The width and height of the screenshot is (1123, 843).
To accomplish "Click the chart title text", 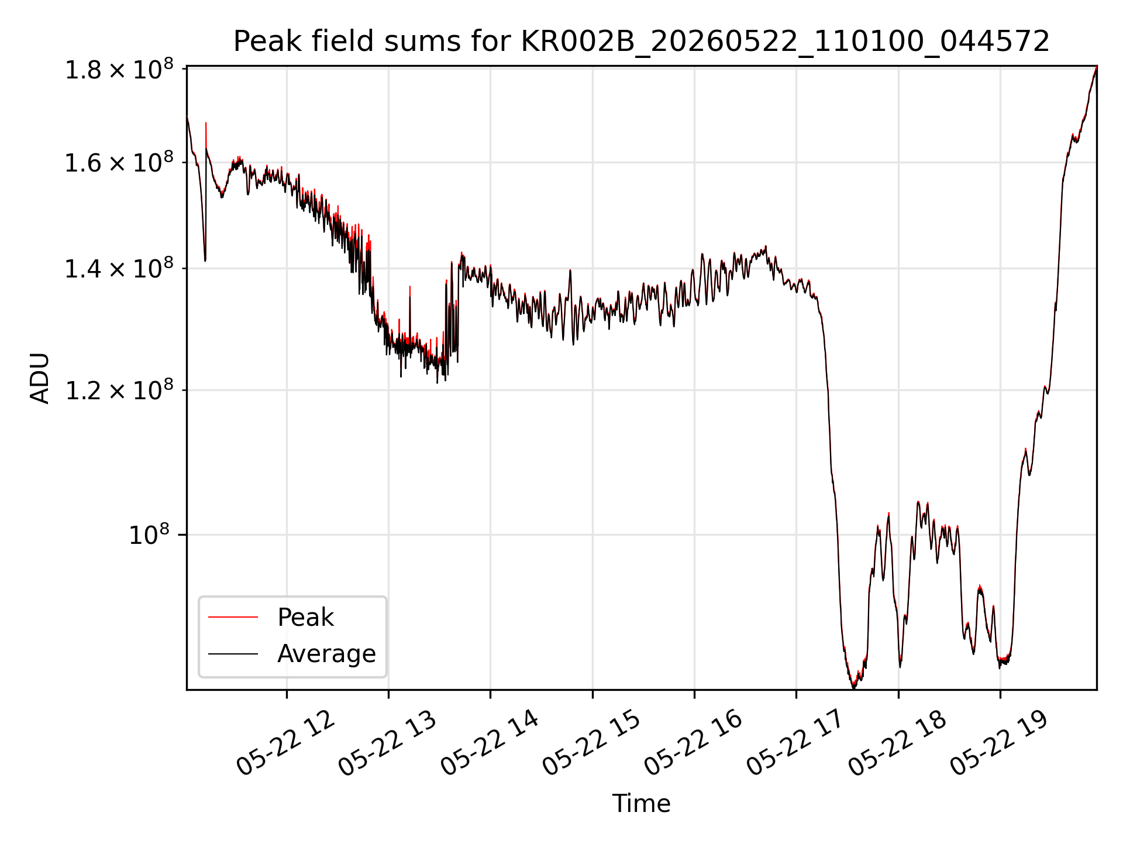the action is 642,42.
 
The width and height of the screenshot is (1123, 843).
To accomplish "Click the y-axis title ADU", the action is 40,378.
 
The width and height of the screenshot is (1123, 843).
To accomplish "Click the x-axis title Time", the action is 641,803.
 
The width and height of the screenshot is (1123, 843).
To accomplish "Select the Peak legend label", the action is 305,618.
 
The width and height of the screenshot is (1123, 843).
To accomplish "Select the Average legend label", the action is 326,653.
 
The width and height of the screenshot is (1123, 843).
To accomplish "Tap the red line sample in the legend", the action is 233,617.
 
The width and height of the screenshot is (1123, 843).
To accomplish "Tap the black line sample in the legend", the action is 233,653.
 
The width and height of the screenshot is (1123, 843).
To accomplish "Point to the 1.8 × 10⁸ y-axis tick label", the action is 119,70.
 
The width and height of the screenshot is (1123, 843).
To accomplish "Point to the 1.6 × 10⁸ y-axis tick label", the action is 119,163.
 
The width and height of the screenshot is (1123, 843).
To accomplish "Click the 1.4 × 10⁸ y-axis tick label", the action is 119,269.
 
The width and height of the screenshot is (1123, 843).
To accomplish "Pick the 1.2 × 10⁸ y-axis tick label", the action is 119,390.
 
